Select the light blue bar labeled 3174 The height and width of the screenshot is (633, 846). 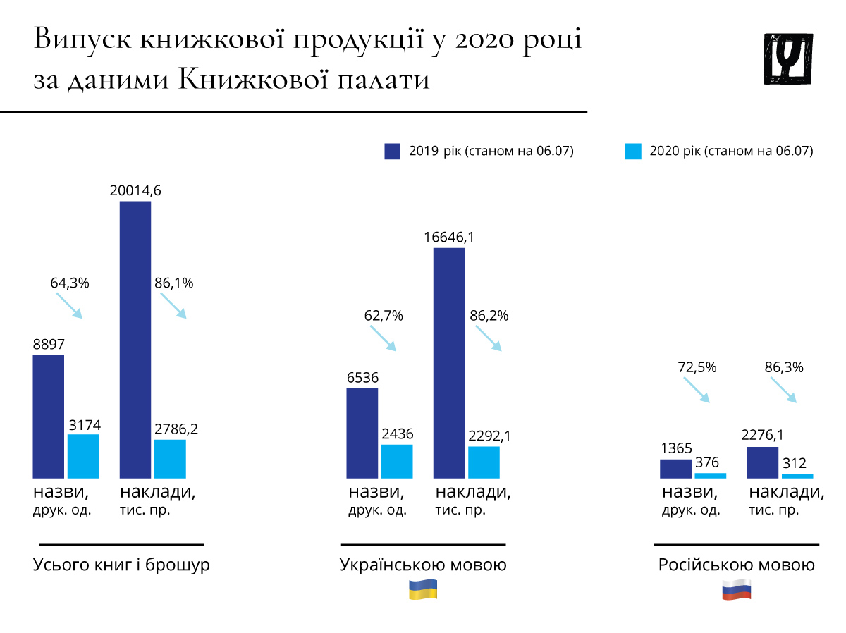(83, 457)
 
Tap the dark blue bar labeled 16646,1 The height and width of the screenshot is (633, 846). (449, 363)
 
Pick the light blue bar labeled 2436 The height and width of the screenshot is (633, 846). (397, 462)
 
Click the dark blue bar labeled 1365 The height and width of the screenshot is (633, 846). (675, 469)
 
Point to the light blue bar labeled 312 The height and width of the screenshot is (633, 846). (797, 477)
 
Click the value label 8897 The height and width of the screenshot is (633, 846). (49, 345)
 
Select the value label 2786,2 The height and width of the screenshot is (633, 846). (176, 429)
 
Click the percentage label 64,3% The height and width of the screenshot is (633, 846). (70, 283)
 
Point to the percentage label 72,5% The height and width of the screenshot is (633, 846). (697, 367)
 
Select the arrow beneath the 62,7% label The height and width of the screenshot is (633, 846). (382, 339)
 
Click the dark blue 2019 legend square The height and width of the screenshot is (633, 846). (393, 151)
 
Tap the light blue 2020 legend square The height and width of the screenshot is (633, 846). (633, 151)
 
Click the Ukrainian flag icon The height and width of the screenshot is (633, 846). (424, 589)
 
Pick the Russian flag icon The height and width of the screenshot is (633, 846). (737, 589)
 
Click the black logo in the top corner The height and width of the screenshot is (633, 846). (788, 59)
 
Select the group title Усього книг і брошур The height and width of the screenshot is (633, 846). (121, 565)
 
